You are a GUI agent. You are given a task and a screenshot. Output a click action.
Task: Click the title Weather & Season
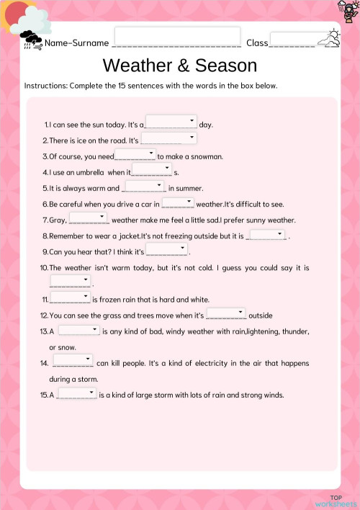180,66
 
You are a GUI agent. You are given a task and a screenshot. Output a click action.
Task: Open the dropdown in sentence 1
171,122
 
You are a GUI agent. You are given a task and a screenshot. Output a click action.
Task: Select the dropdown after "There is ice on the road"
168,138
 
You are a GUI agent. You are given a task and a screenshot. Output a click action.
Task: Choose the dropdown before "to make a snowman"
135,154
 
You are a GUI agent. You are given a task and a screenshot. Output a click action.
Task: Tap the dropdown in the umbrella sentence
152,170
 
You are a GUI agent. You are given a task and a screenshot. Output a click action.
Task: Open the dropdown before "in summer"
145,187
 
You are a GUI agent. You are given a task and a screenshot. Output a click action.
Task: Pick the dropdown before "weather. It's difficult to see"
178,203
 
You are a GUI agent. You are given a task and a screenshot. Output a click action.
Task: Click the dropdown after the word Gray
89,218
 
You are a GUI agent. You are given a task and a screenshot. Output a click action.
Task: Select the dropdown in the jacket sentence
266,234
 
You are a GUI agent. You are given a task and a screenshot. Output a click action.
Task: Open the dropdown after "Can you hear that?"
167,250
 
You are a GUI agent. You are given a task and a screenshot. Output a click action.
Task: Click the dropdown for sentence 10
70,282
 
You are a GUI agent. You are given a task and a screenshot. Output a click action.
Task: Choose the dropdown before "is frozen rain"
70,297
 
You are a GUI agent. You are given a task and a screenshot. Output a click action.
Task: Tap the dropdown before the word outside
226,314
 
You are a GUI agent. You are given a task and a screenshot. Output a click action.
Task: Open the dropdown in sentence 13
78,330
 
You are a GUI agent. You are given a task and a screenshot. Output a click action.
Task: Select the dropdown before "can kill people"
73,360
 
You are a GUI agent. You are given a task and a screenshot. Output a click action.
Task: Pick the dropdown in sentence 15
76,393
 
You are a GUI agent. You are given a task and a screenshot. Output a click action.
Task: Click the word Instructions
45,86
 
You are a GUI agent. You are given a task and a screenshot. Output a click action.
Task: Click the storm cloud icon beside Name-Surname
31,38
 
